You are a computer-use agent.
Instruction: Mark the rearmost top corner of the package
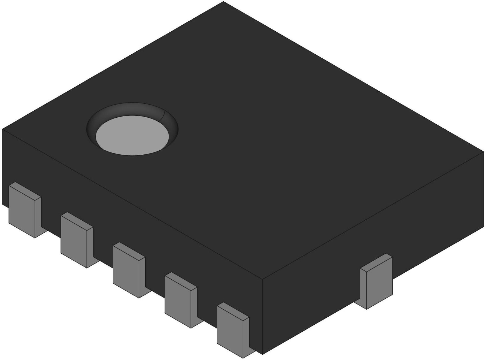point(223,2)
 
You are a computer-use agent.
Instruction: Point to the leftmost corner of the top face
point(2,129)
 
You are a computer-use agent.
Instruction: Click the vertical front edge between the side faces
point(263,316)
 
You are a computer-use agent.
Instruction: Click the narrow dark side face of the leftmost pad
point(38,216)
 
